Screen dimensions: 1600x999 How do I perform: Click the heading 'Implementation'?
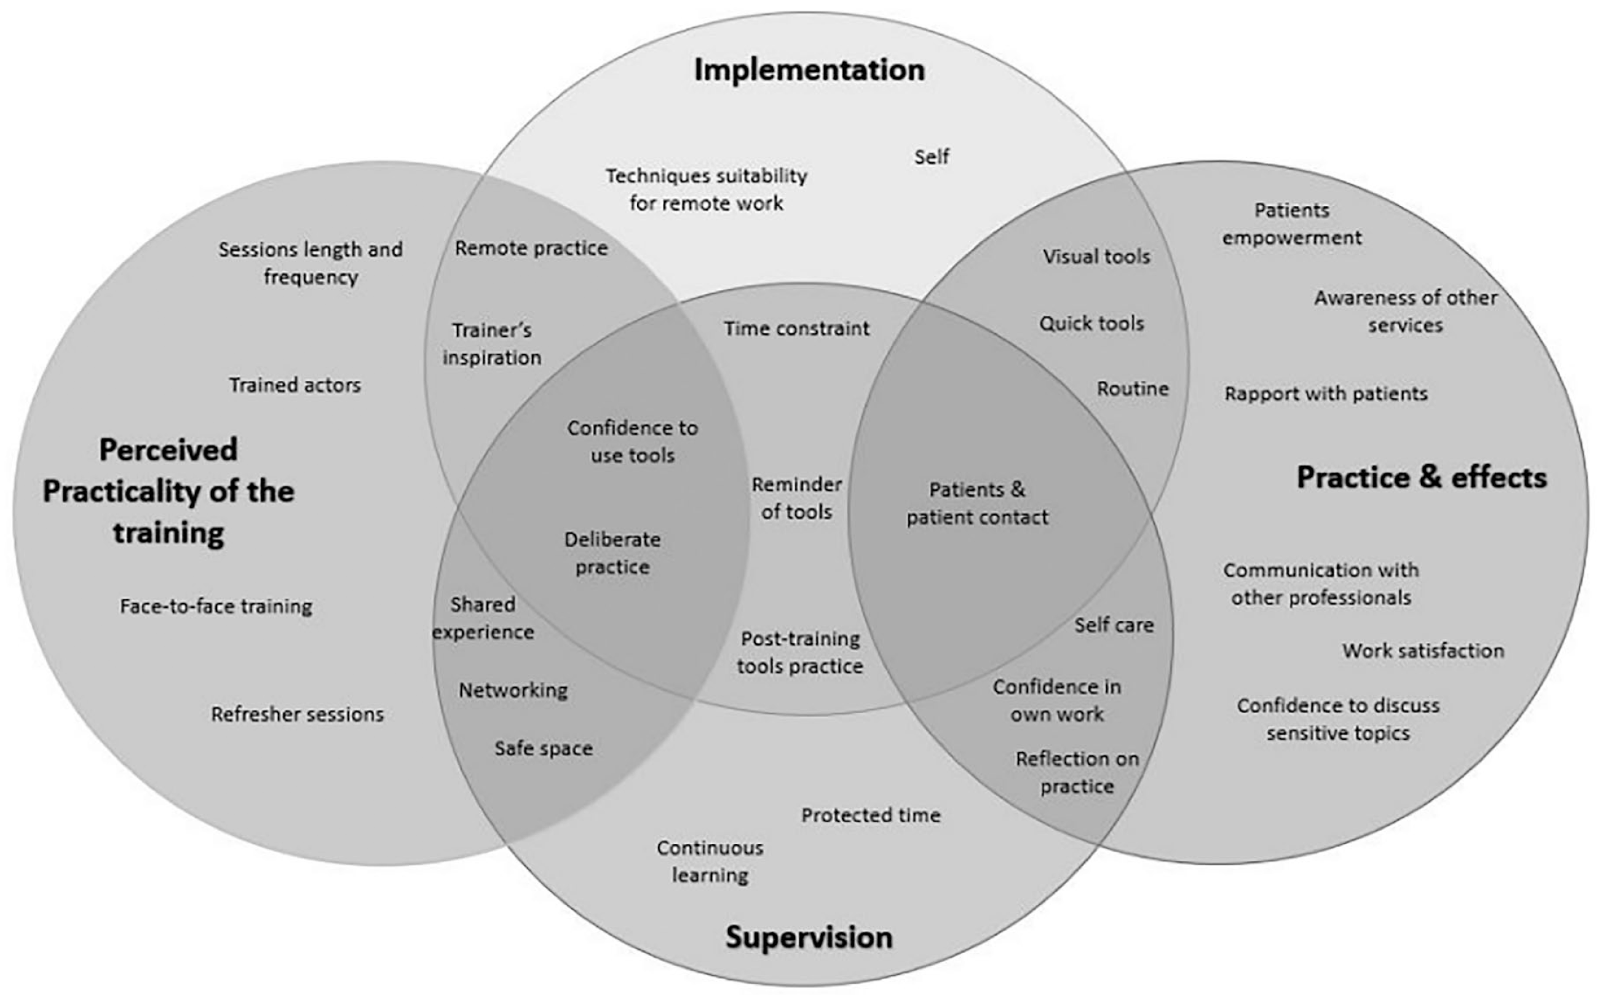point(809,71)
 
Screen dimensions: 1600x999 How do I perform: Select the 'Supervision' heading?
point(809,937)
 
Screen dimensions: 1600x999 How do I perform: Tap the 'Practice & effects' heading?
point(1422,478)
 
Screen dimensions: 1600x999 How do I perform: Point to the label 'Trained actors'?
point(295,385)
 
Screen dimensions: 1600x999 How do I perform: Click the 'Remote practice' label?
point(531,248)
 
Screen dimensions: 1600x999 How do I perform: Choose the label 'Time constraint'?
point(796,328)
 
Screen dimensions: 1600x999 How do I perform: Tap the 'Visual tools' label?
point(1096,256)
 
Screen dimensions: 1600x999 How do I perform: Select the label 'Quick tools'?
point(1091,323)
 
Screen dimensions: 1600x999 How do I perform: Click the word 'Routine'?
point(1133,389)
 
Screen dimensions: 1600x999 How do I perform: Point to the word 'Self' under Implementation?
point(932,157)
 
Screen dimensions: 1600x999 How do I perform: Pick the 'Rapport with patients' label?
point(1326,394)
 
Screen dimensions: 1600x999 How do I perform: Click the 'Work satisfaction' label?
point(1423,650)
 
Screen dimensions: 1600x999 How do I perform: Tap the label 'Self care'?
point(1114,625)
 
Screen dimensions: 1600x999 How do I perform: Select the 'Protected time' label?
point(871,815)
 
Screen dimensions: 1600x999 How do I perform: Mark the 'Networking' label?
point(513,690)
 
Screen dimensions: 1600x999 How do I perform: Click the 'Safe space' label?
point(544,749)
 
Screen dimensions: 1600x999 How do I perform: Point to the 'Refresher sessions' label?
point(298,714)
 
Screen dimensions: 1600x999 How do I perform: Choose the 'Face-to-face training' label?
point(216,607)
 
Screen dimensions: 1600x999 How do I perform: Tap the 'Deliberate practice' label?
point(613,553)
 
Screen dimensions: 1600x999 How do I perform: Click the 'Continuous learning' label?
point(710,861)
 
